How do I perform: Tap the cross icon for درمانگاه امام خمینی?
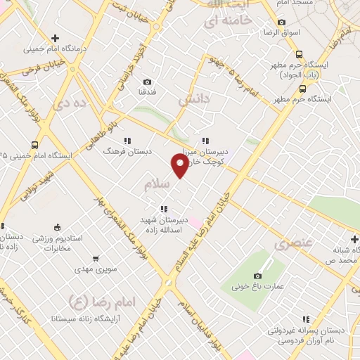point(55,37)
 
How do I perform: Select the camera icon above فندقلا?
point(147,82)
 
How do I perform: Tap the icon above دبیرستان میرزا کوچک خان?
point(205,139)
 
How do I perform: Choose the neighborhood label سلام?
point(157,184)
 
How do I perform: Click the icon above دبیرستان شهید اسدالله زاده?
point(164,208)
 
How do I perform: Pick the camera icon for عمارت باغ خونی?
point(257,276)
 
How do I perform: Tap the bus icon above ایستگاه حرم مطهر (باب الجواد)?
point(299,54)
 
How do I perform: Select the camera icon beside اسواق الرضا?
point(281,22)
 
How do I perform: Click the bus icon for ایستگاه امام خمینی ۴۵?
point(34,143)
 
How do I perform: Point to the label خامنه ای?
point(227,22)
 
